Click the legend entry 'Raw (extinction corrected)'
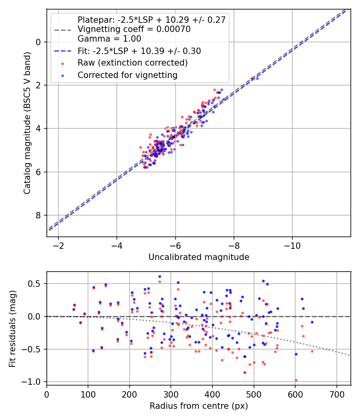132,63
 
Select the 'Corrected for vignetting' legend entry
127,75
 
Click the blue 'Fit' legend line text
139,51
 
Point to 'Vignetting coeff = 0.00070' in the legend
134,29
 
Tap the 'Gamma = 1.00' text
109,39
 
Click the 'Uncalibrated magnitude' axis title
199,257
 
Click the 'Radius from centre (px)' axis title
199,406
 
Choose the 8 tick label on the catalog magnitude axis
38,215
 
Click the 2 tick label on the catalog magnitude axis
38,85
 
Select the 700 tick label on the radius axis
336,394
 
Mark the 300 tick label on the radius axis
171,394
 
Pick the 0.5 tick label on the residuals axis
35,284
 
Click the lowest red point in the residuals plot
296,380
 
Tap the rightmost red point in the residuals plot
312,351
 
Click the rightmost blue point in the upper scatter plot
257,78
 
